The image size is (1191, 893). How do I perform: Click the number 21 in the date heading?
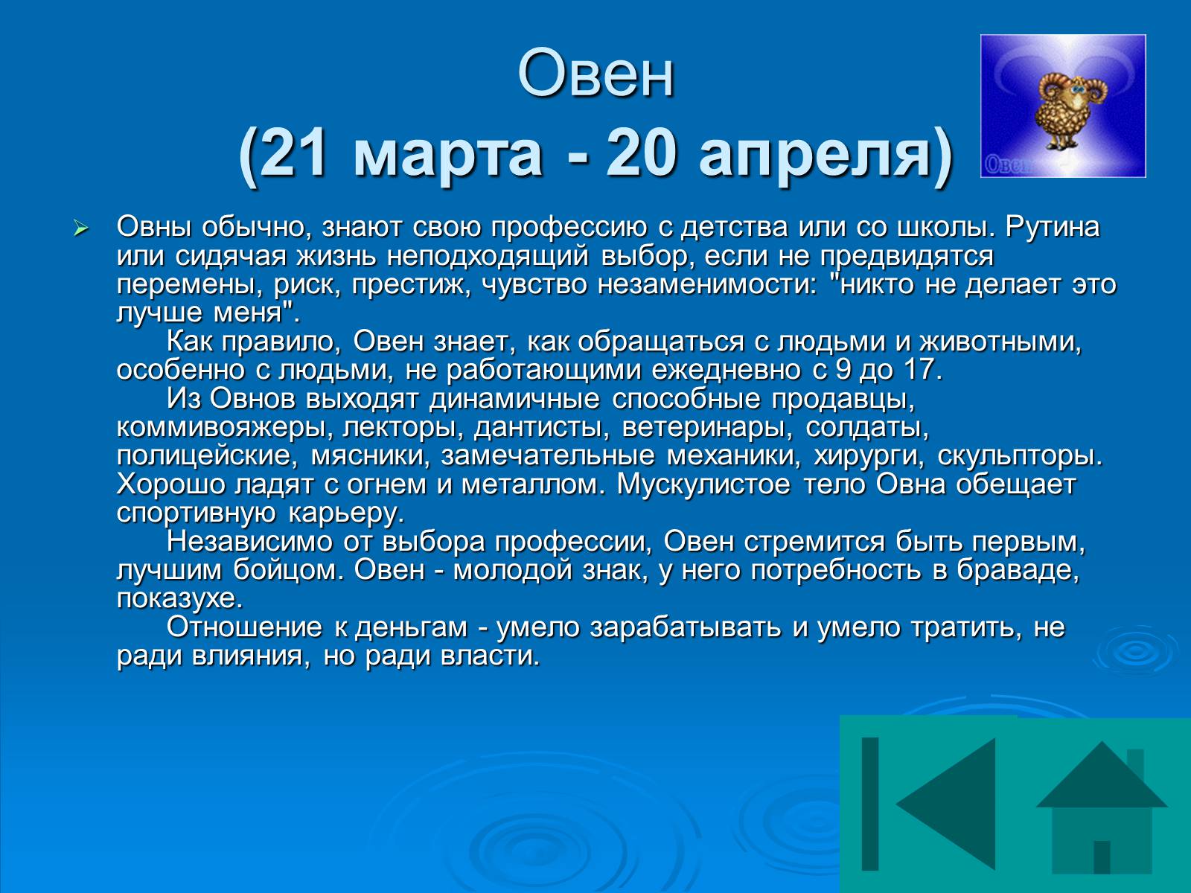tap(295, 154)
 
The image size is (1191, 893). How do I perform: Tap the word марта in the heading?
tap(447, 157)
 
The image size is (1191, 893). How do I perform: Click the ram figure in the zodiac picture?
tap(1062, 109)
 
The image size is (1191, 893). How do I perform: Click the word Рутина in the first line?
tap(1052, 228)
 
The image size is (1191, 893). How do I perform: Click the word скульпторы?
tap(1020, 456)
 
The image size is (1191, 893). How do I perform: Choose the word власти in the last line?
tap(491, 656)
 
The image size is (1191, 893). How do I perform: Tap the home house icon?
tap(1102, 807)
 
